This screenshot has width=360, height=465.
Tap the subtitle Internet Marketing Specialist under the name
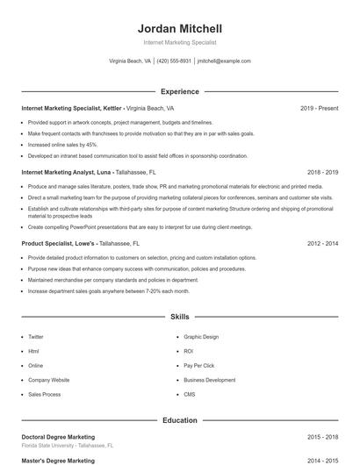point(180,42)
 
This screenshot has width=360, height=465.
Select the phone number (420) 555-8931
point(174,61)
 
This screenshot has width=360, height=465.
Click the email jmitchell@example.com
point(224,61)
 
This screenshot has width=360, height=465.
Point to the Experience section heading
point(180,91)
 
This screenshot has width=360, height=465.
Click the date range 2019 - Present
point(319,108)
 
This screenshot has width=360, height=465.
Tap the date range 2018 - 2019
point(322,173)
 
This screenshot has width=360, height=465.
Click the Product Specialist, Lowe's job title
point(58,243)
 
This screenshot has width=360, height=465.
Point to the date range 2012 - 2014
point(322,243)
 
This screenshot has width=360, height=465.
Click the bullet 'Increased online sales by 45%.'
point(62,144)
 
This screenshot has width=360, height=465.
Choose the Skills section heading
point(180,316)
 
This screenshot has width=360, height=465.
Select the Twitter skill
point(36,337)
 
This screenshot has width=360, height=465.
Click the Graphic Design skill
point(201,337)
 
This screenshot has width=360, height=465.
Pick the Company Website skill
point(49,380)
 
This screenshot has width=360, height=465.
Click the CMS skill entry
point(190,394)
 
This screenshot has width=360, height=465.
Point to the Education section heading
point(180,420)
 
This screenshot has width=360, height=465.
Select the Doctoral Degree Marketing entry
point(58,437)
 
